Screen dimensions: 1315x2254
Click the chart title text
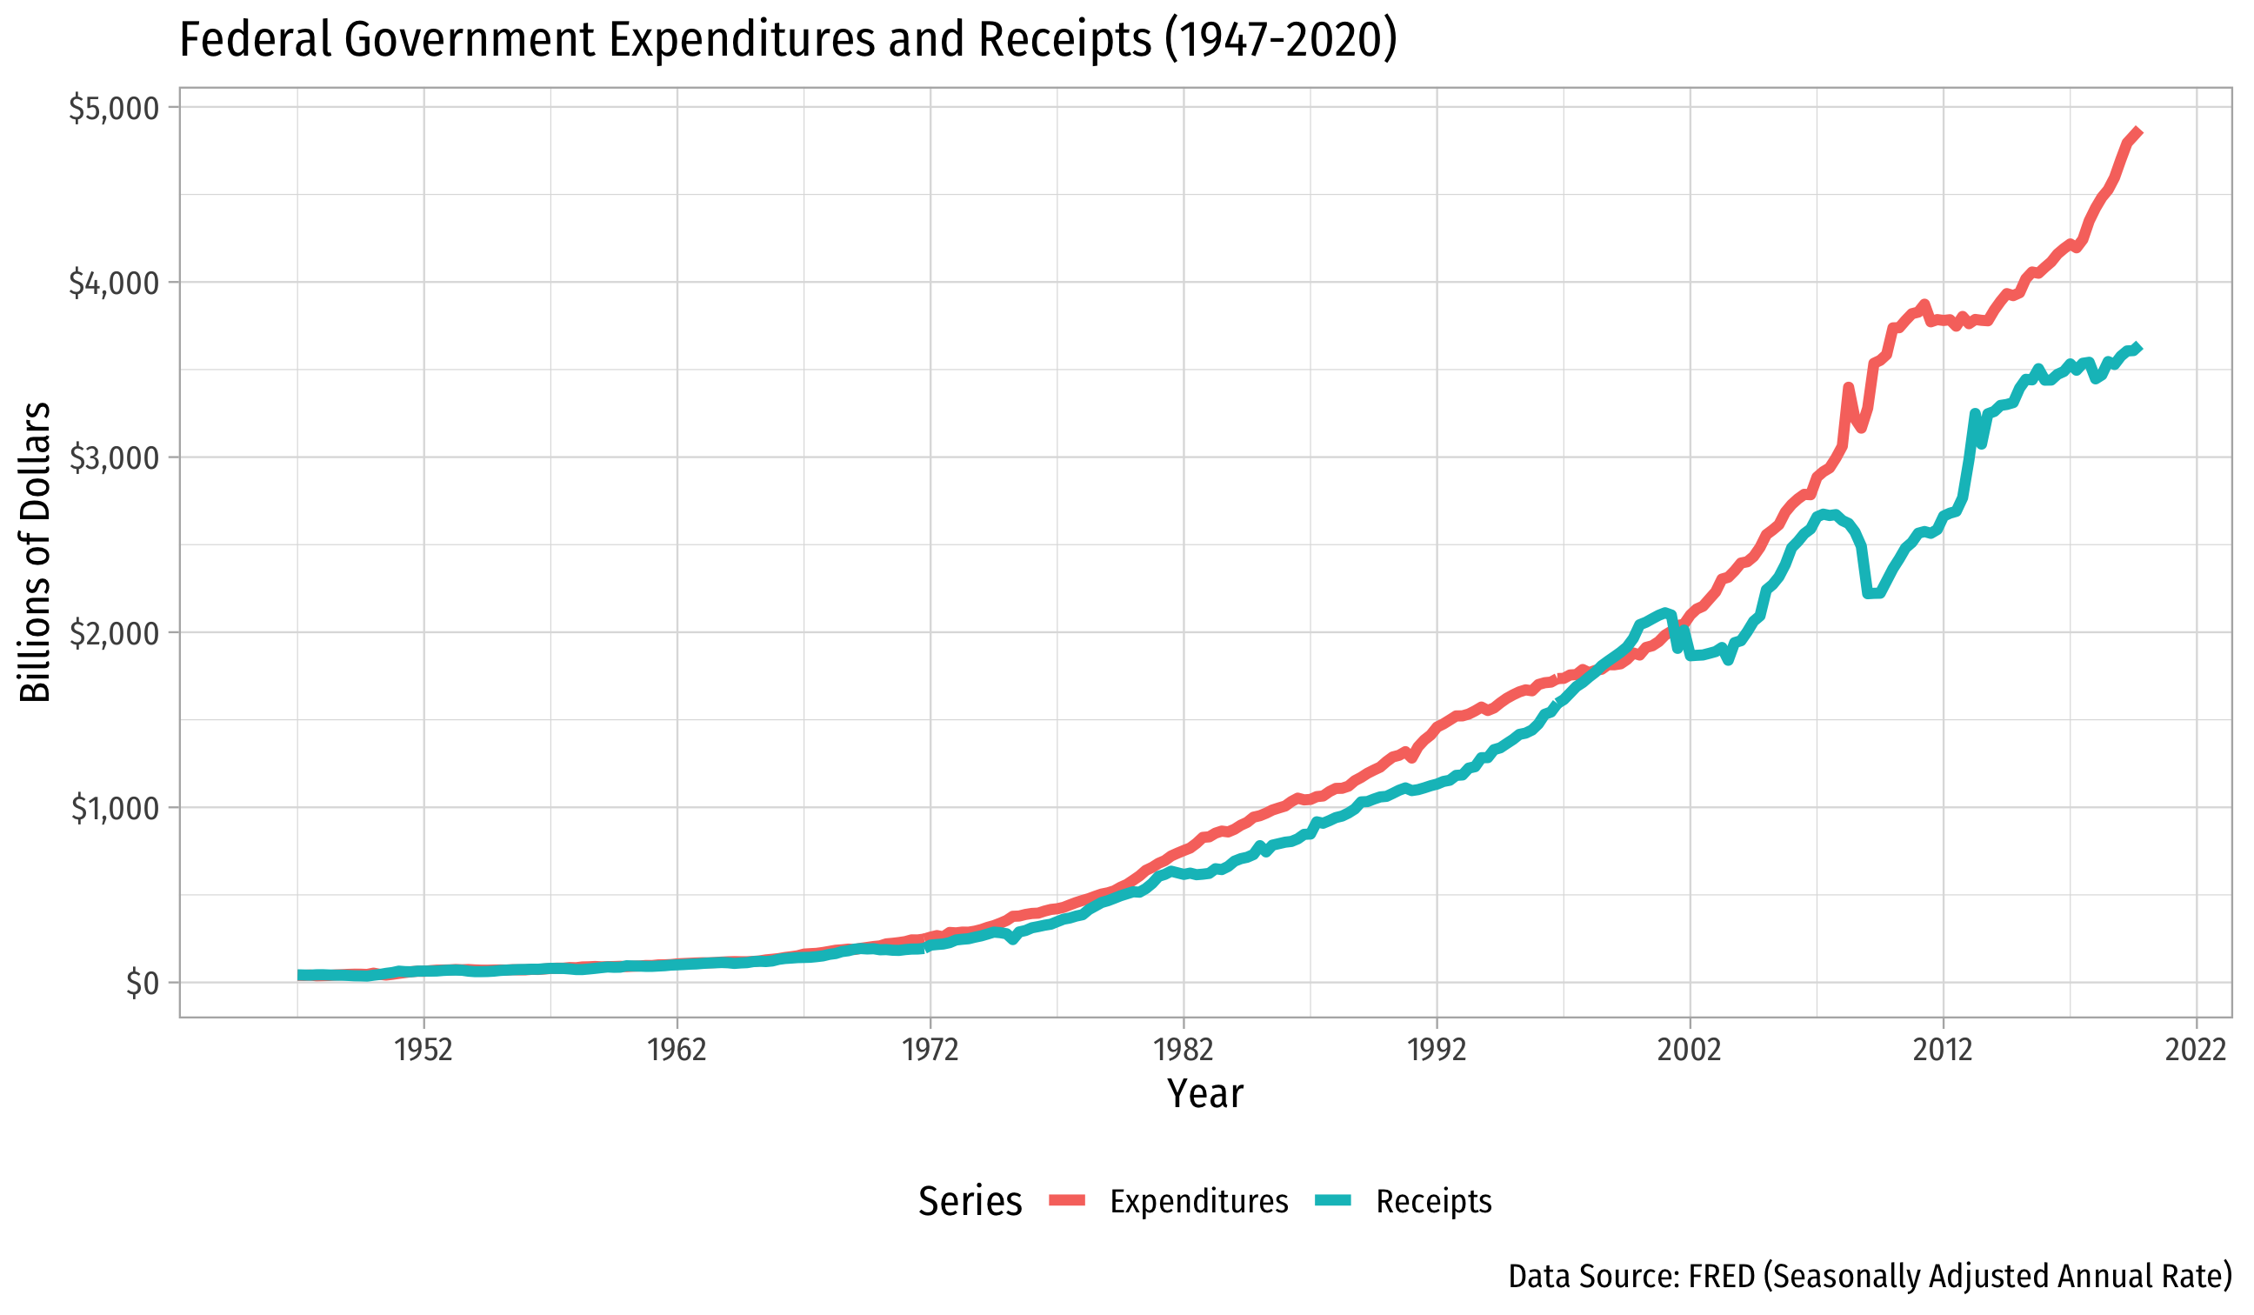[787, 40]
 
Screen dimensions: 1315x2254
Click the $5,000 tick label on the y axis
[114, 108]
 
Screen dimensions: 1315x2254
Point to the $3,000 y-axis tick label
[114, 458]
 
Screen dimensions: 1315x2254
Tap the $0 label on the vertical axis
[142, 983]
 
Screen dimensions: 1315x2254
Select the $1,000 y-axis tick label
[114, 809]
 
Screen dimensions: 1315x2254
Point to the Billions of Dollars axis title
[36, 553]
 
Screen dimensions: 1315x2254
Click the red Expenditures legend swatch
[1067, 1201]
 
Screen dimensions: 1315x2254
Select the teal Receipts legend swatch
[1333, 1201]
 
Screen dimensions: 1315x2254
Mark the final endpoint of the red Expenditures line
[2138, 131]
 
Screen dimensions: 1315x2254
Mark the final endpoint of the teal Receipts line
[2138, 347]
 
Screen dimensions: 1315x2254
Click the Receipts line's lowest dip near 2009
[1870, 594]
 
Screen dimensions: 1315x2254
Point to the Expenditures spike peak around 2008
[1849, 387]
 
